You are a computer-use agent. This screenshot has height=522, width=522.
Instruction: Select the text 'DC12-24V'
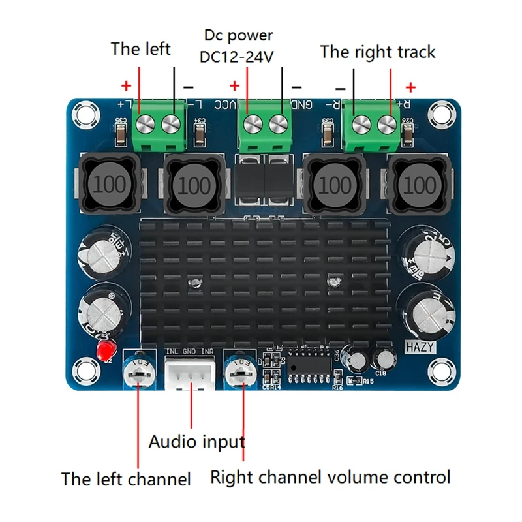[238, 57]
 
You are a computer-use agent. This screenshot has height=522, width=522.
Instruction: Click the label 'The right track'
[377, 52]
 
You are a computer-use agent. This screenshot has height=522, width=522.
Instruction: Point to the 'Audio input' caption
[197, 442]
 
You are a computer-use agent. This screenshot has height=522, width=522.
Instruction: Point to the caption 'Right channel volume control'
[330, 477]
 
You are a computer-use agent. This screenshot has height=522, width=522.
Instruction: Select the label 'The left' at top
[140, 49]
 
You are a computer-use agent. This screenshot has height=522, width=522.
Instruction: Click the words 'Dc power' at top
[238, 35]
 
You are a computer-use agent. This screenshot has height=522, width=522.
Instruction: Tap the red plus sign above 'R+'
[411, 87]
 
